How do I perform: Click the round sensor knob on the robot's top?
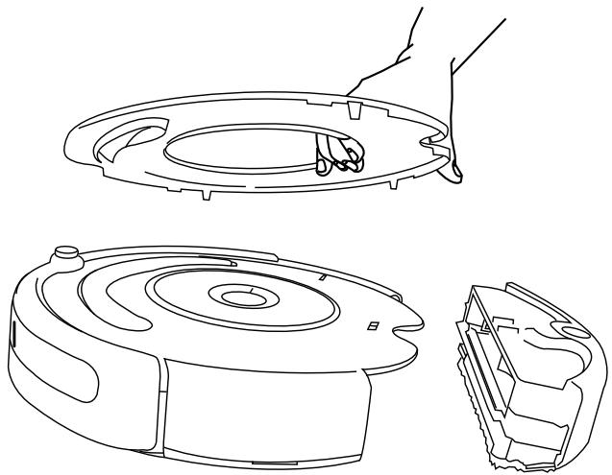(66, 255)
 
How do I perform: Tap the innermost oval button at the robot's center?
(235, 297)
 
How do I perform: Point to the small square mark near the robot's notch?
(372, 326)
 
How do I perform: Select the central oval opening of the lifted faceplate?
(240, 154)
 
